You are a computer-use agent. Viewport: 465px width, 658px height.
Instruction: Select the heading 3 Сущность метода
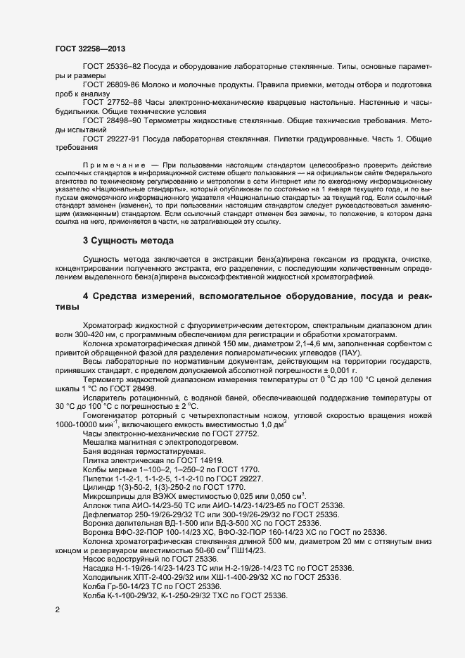(x=124, y=241)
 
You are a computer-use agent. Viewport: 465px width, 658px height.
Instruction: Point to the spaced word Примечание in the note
(x=113, y=164)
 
